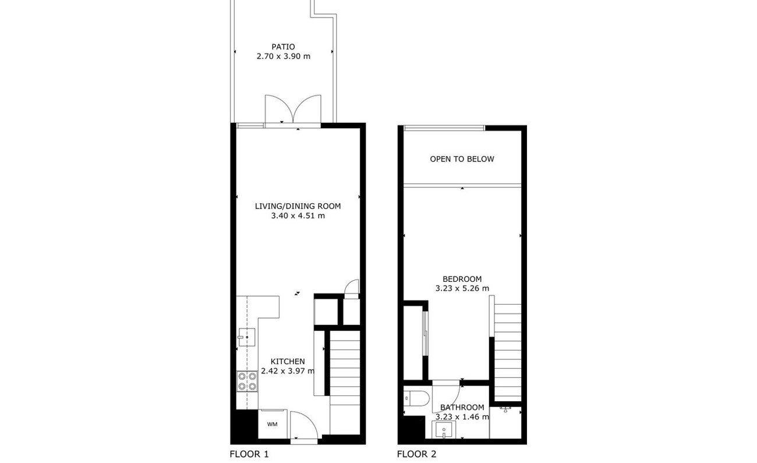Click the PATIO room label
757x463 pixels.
pyautogui.click(x=283, y=47)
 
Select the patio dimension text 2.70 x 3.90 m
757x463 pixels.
pyautogui.click(x=283, y=56)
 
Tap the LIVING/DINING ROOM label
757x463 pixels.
pyautogui.click(x=298, y=206)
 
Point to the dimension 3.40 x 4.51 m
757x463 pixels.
pyautogui.click(x=298, y=215)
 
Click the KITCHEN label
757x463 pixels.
pyautogui.click(x=288, y=361)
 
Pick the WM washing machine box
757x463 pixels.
pyautogui.click(x=273, y=424)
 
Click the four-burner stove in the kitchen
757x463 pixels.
pyautogui.click(x=247, y=381)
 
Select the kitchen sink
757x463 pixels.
pyautogui.click(x=247, y=337)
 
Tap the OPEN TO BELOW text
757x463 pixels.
pyautogui.click(x=462, y=159)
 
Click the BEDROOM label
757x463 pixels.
pyautogui.click(x=462, y=279)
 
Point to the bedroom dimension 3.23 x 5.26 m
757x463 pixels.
pyautogui.click(x=462, y=289)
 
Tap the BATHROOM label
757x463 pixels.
pyautogui.click(x=462, y=407)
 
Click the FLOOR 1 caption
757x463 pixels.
pyautogui.click(x=249, y=454)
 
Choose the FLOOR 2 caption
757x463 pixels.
pyautogui.click(x=417, y=454)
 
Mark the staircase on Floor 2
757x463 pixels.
pyautogui.click(x=508, y=352)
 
